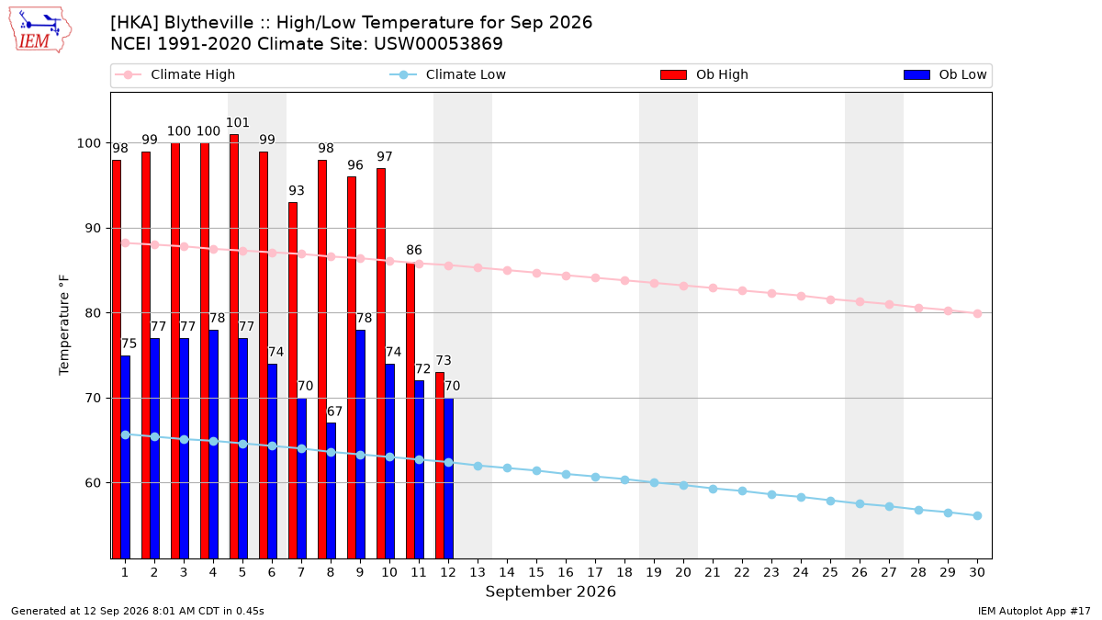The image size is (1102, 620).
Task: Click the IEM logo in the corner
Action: click(x=39, y=29)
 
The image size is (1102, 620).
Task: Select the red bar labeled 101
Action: click(x=234, y=346)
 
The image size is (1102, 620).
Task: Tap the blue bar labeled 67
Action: click(x=332, y=490)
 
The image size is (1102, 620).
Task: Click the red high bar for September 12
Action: click(x=440, y=465)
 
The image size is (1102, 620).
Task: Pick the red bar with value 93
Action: click(x=293, y=380)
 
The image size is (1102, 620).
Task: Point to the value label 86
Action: click(x=414, y=250)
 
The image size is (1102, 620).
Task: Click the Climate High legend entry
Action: click(x=175, y=74)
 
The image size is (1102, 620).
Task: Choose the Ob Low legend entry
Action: click(x=945, y=74)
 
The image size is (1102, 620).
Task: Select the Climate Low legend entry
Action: click(x=448, y=74)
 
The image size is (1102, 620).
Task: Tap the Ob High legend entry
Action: click(x=704, y=74)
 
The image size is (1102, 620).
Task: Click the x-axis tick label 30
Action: click(x=977, y=572)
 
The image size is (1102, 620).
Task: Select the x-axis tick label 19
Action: click(x=654, y=572)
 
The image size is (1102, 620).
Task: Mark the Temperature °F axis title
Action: click(x=64, y=325)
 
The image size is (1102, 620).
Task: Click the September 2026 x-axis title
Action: click(x=550, y=592)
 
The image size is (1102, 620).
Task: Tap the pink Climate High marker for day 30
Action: click(x=977, y=313)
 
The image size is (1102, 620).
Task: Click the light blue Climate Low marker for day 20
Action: click(x=683, y=485)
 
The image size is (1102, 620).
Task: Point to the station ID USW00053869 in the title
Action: click(x=438, y=44)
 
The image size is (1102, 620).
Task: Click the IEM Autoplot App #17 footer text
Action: click(x=1034, y=611)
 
